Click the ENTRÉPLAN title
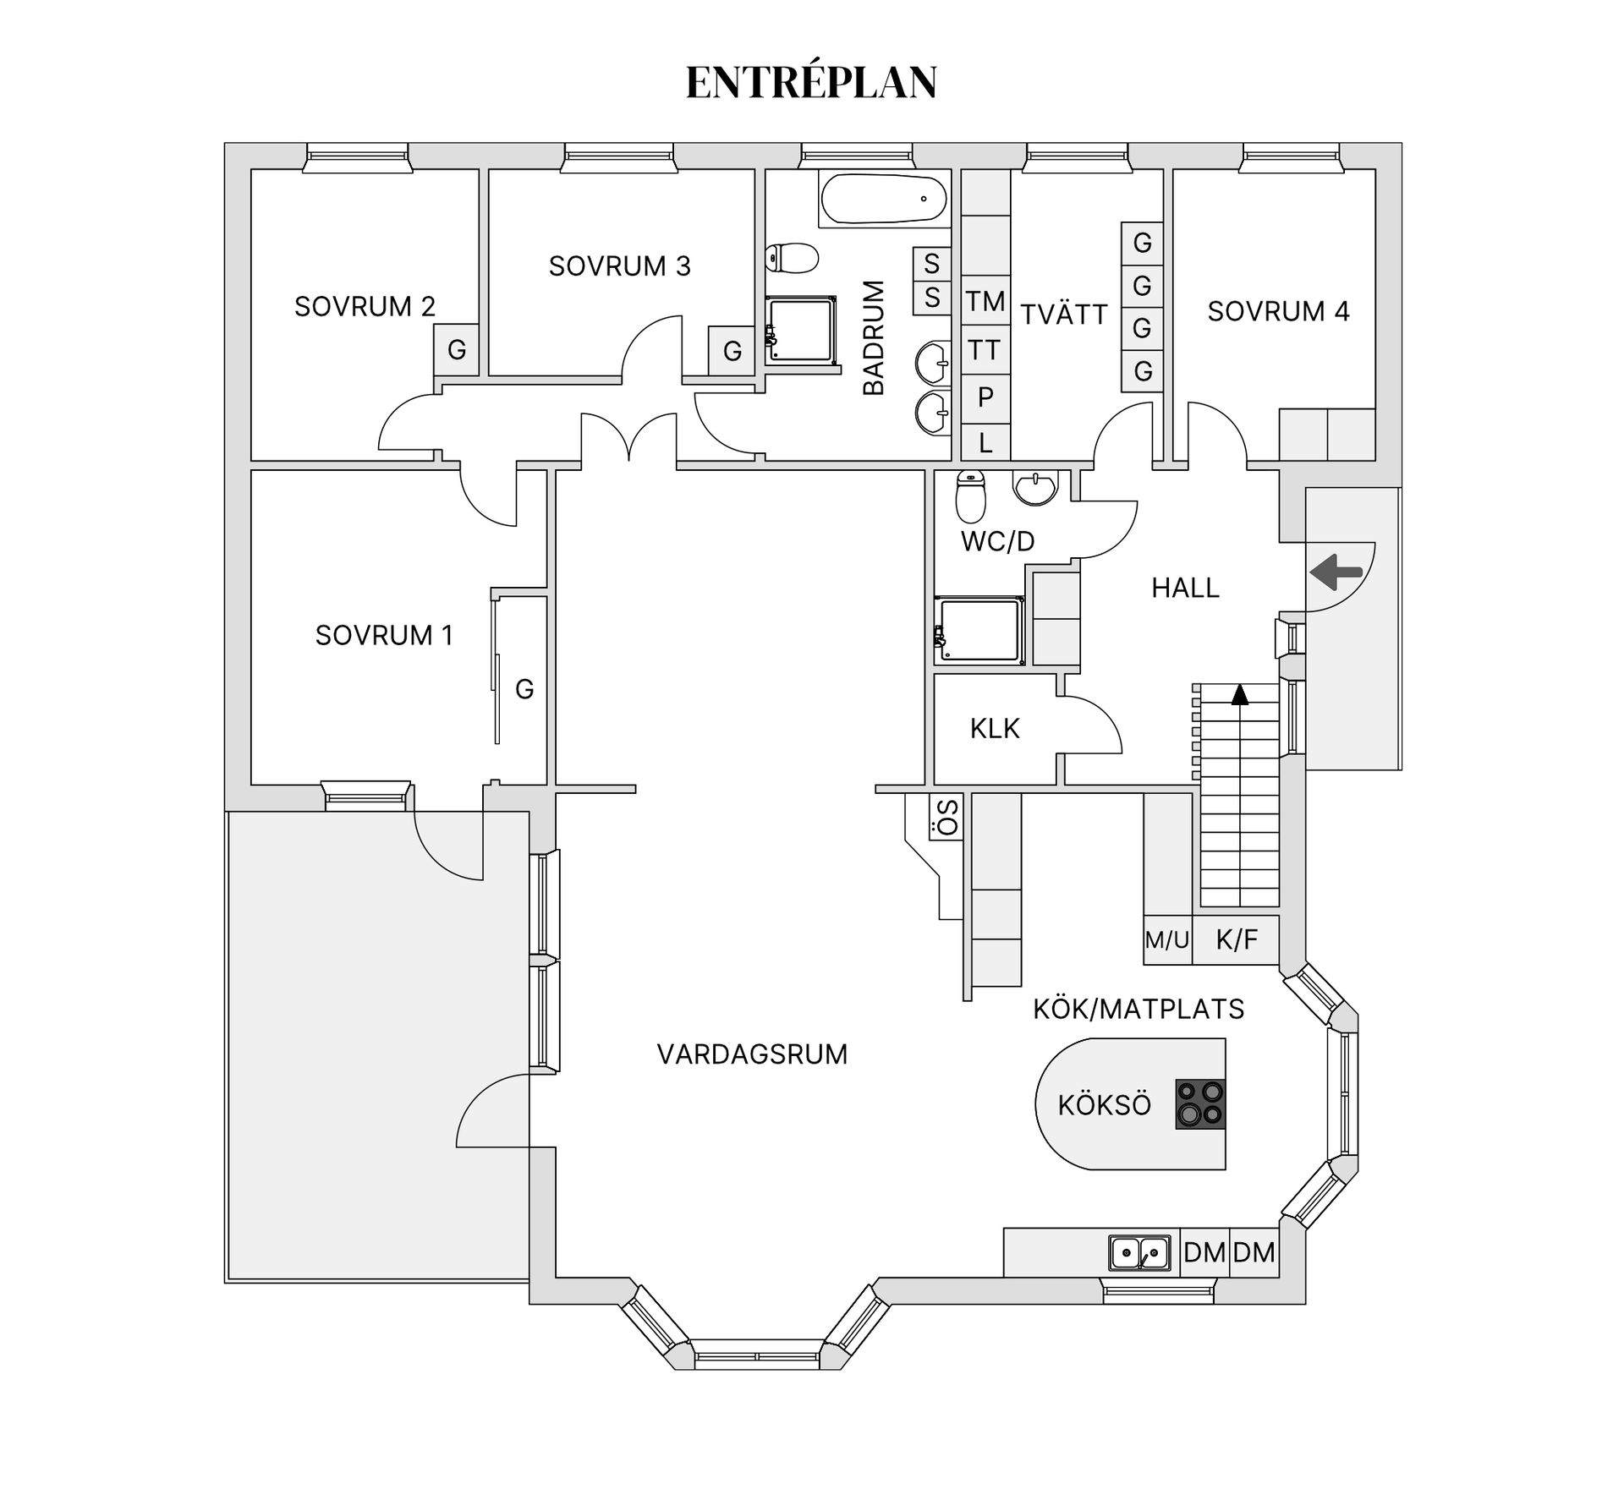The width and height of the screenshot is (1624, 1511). [x=811, y=83]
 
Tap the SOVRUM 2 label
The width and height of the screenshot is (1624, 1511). [x=365, y=306]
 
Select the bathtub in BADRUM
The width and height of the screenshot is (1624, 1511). [x=885, y=200]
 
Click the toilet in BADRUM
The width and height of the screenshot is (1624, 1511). [x=793, y=258]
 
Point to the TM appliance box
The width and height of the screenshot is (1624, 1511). [x=985, y=301]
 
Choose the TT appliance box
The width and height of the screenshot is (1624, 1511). [x=985, y=349]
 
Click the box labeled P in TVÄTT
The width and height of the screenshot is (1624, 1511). [x=985, y=397]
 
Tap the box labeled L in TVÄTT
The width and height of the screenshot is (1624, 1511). [x=985, y=442]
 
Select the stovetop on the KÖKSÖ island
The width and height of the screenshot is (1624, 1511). [x=1199, y=1104]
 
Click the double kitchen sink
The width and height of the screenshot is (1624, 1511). [x=1140, y=1252]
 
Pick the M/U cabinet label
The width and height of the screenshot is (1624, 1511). [x=1167, y=940]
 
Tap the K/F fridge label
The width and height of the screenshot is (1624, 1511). [x=1237, y=939]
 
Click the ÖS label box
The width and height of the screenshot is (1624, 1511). [x=947, y=817]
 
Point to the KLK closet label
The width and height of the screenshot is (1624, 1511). [x=995, y=729]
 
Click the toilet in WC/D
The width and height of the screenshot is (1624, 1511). [x=970, y=496]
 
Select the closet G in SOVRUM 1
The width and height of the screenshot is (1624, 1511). [x=524, y=689]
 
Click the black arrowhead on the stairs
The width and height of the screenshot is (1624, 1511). [x=1240, y=695]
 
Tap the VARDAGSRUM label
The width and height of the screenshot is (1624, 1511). [x=752, y=1054]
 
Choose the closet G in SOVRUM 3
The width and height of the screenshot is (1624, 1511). [x=732, y=350]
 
